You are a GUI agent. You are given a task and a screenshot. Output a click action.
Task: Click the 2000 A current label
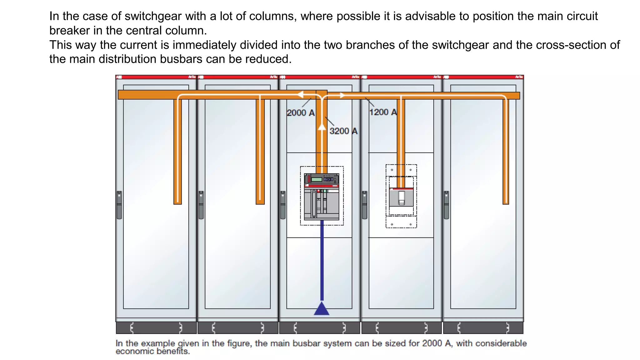(300, 113)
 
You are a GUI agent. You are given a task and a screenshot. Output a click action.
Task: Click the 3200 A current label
(343, 131)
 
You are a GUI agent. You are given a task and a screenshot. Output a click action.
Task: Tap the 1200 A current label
(383, 112)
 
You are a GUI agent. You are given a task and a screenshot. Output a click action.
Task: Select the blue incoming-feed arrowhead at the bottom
(322, 309)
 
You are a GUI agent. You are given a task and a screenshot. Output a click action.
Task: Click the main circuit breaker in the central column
(322, 197)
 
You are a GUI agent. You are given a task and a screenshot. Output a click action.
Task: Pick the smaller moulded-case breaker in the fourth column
(401, 197)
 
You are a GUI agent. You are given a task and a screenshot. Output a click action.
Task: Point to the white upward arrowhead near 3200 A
(322, 127)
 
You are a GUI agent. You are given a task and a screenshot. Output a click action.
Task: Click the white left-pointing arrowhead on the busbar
(300, 94)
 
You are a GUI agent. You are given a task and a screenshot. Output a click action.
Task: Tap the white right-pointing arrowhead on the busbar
(342, 95)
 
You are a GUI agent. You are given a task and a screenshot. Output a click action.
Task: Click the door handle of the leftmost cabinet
(119, 205)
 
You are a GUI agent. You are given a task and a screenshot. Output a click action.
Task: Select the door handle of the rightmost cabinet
(446, 205)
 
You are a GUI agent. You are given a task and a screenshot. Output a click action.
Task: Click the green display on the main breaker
(317, 179)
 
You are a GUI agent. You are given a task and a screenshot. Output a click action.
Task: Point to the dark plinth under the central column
(319, 328)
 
